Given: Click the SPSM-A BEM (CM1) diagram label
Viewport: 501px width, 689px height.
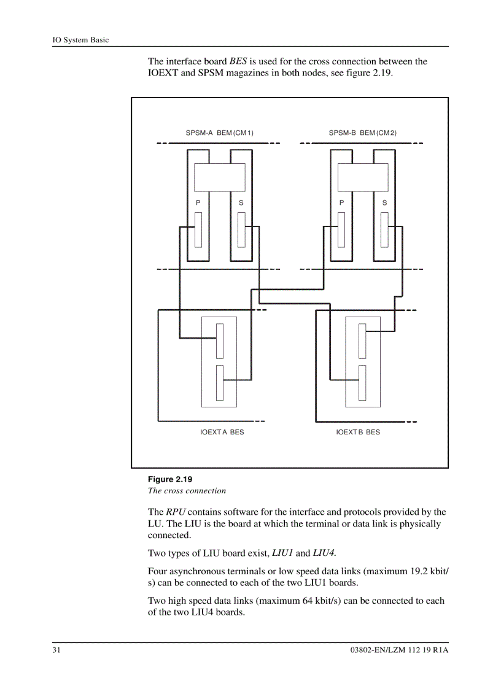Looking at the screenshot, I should point(219,133).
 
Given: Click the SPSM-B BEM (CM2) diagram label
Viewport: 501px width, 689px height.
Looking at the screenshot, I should point(362,133).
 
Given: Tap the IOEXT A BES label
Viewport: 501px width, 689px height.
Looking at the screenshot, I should point(222,432).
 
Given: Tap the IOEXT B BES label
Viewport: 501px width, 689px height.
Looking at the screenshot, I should point(358,432).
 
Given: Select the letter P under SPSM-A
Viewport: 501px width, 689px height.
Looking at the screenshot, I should point(198,202).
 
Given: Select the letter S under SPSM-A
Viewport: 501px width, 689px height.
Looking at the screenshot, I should point(241,202).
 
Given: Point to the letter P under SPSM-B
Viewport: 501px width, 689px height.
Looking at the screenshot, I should point(341,202).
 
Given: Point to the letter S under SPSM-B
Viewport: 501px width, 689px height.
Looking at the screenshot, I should point(384,202).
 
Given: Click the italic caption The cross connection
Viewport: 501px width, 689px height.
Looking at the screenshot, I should point(187,490).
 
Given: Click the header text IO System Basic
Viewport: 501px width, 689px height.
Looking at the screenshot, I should point(80,40).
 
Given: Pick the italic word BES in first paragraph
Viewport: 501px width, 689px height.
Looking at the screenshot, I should point(238,61).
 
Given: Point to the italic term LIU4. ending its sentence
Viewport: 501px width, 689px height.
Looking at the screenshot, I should point(325,553).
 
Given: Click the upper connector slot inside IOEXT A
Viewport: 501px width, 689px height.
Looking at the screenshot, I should point(219,340).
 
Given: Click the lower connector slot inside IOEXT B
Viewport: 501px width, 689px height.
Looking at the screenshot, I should point(362,381).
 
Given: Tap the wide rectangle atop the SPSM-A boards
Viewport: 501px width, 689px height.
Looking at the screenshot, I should point(219,178).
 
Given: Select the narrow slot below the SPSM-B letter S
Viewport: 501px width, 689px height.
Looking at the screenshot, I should point(384,229).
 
